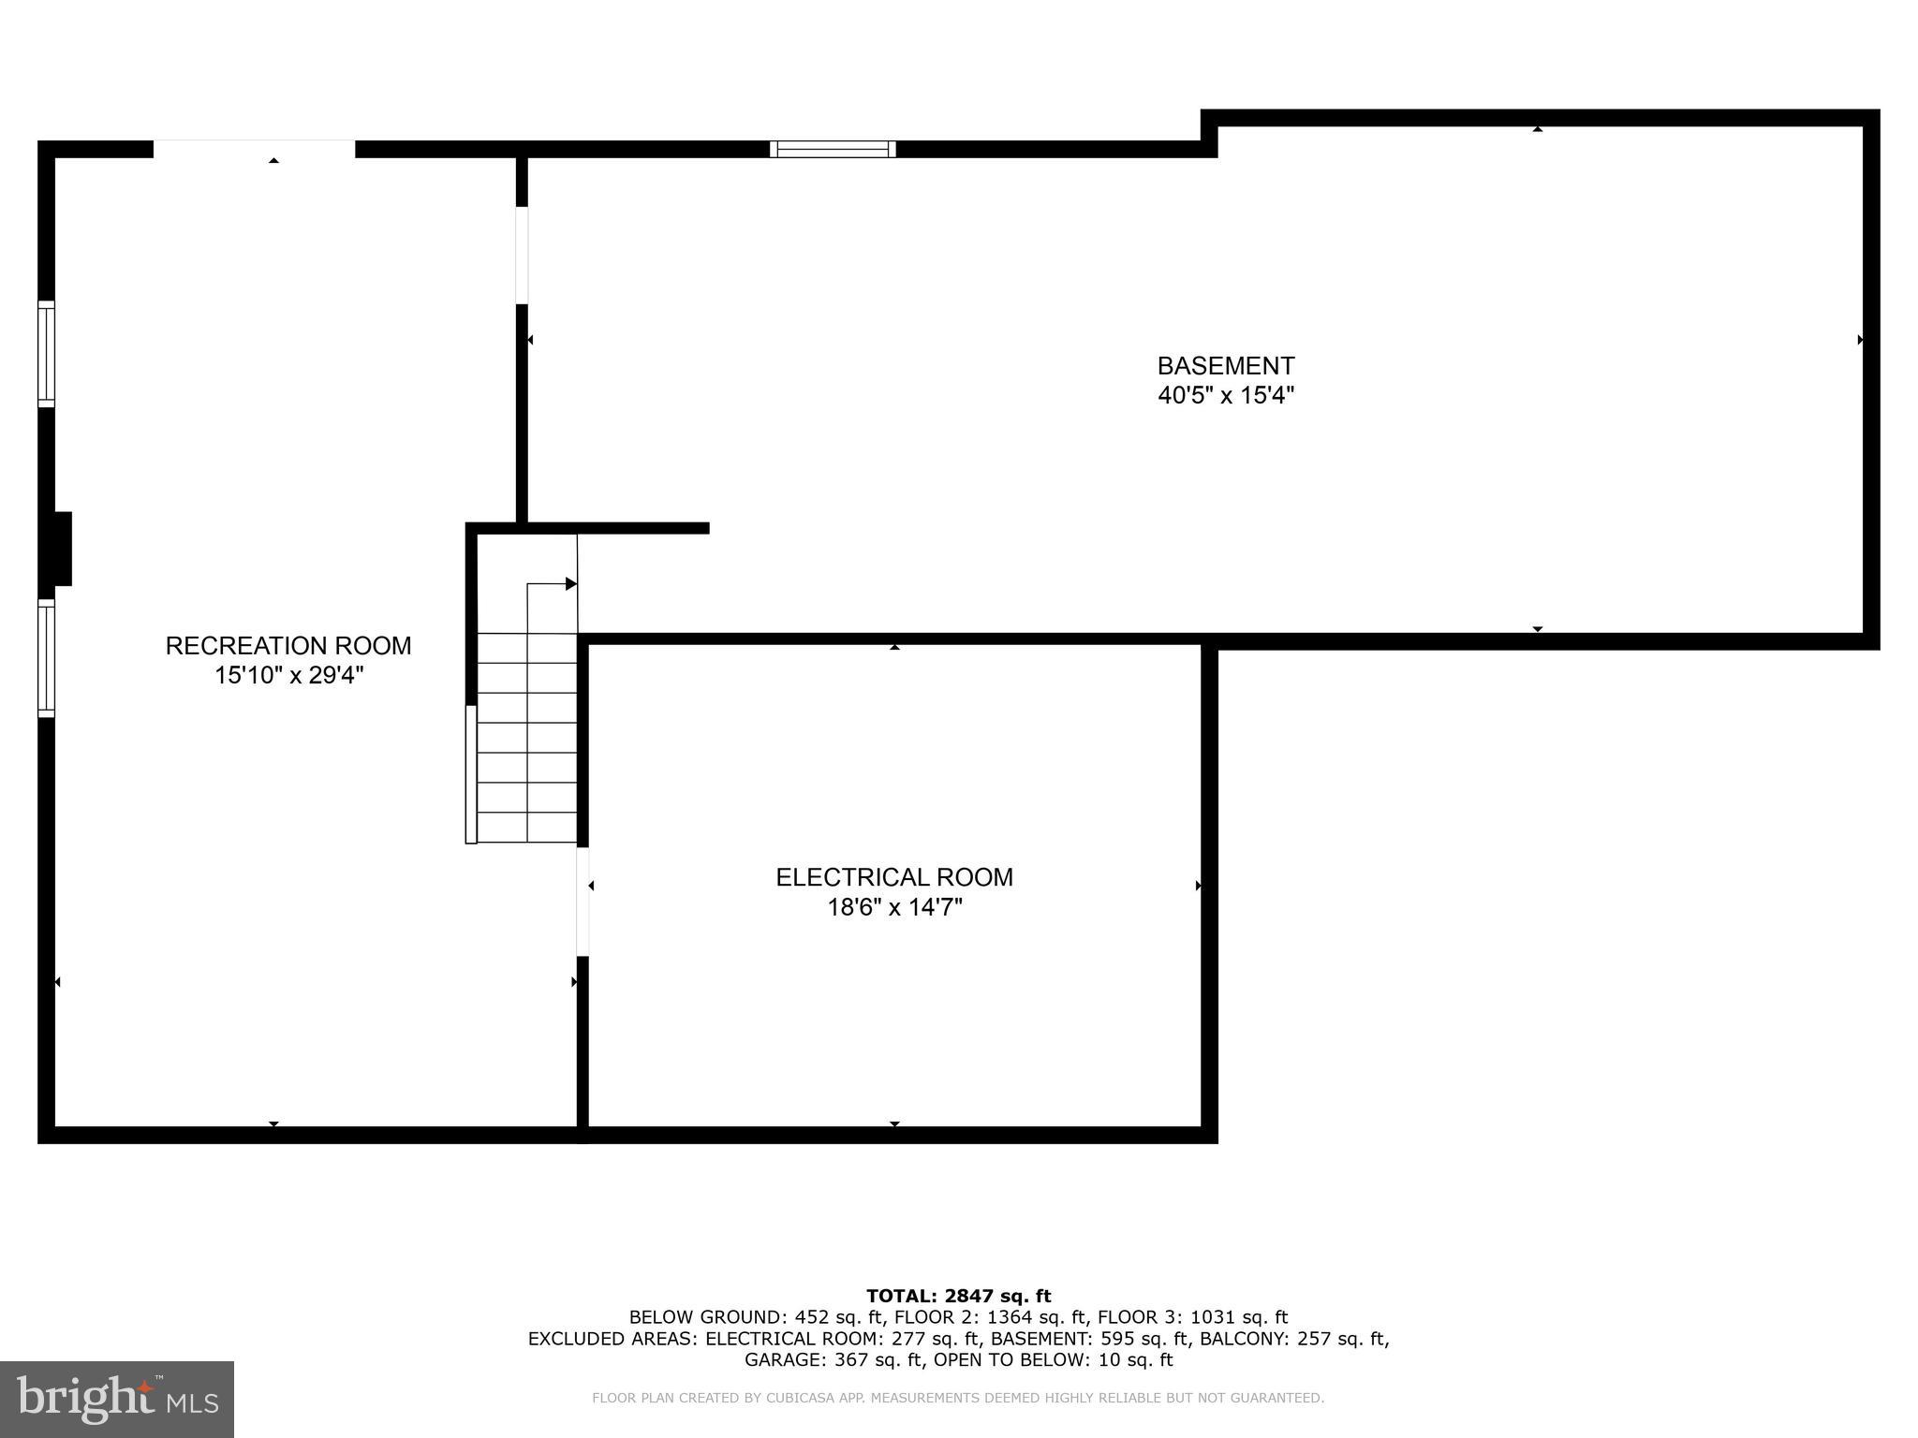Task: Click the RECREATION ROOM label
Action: point(288,646)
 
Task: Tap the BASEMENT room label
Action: point(1226,365)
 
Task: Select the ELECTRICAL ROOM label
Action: point(894,877)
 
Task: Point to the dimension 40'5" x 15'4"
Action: point(1226,395)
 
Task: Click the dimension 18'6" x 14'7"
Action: point(894,907)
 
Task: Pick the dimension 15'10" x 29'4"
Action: point(288,675)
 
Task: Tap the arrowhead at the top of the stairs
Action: point(570,584)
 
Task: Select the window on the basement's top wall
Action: point(833,149)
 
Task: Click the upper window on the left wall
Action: point(46,354)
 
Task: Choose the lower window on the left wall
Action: point(46,658)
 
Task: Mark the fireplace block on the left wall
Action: point(59,549)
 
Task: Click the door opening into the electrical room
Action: point(583,902)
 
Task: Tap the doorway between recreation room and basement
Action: point(522,256)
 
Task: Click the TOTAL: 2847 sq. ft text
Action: point(958,1296)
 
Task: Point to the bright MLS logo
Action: point(117,1400)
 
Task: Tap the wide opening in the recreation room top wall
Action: point(254,149)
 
